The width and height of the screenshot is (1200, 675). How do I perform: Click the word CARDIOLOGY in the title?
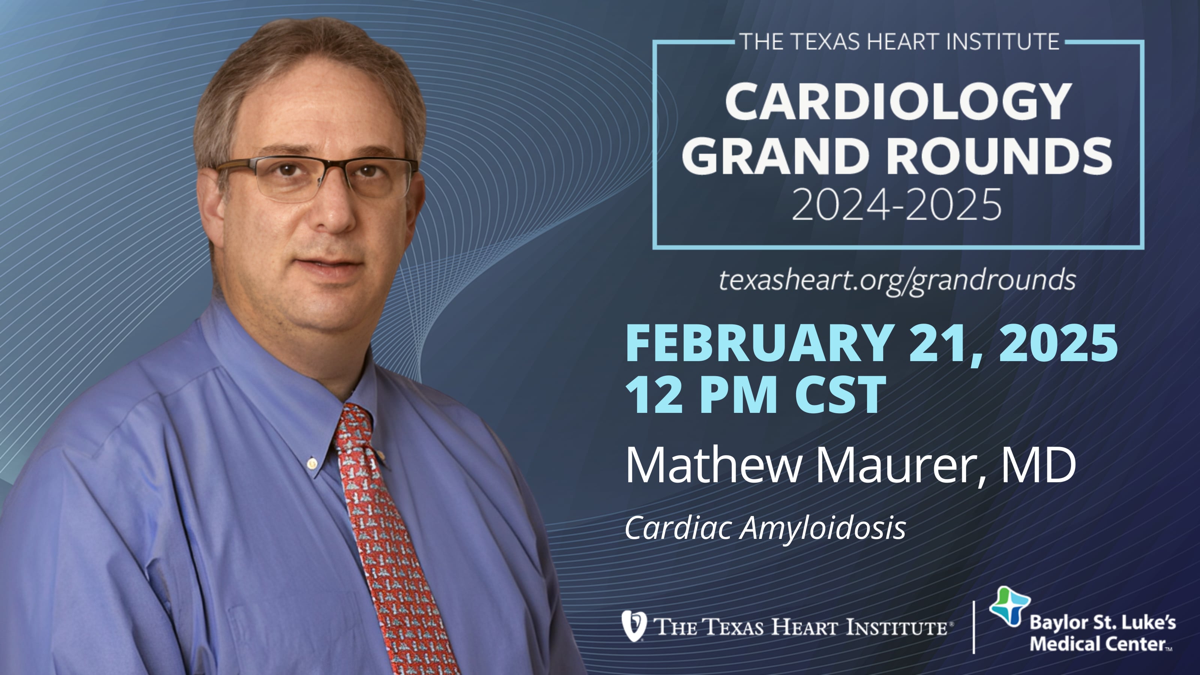898,102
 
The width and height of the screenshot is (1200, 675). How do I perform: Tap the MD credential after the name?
1038,466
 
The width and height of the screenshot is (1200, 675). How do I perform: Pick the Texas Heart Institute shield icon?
634,625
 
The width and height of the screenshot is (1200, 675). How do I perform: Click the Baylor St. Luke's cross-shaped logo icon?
1009,606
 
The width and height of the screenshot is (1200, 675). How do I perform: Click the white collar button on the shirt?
312,463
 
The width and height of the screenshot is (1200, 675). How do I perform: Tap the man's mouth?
328,265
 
